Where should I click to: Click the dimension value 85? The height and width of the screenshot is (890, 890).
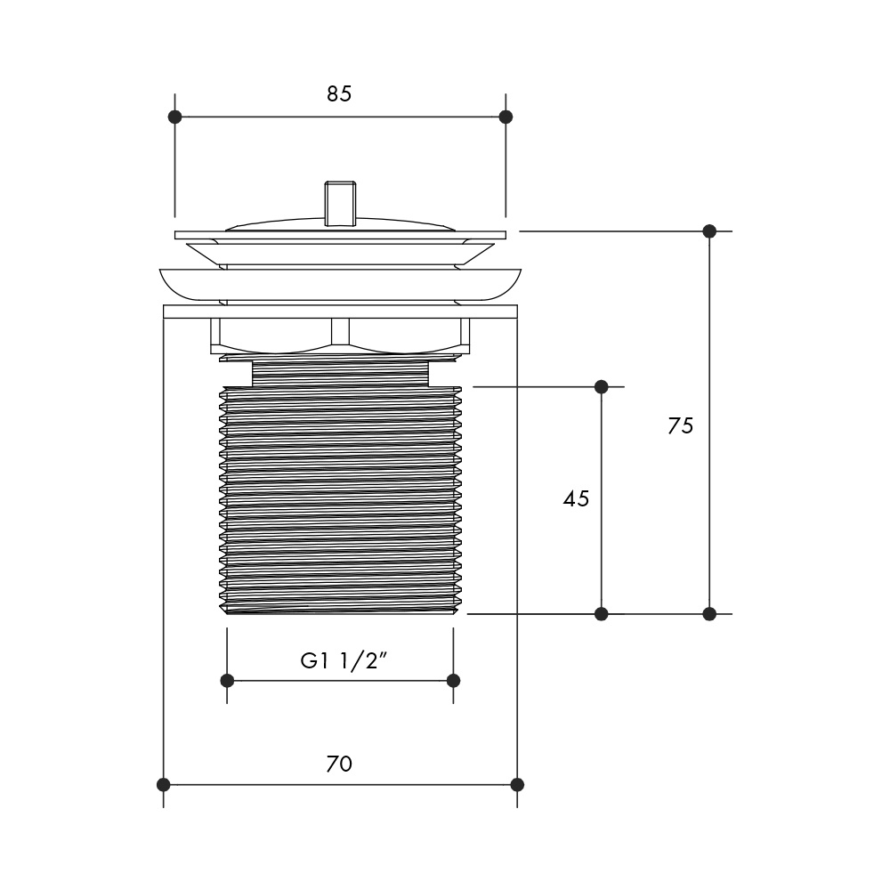(x=339, y=94)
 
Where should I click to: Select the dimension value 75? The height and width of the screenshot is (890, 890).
(x=681, y=425)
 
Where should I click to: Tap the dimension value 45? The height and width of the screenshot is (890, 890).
(x=576, y=499)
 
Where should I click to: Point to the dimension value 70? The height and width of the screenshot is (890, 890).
(x=339, y=764)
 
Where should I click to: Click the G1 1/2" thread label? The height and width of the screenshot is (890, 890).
(x=344, y=660)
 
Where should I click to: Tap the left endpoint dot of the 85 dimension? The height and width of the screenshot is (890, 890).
(x=174, y=117)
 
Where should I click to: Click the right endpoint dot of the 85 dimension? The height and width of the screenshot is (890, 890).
(x=506, y=117)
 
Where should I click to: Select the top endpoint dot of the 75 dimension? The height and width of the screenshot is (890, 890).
(x=709, y=231)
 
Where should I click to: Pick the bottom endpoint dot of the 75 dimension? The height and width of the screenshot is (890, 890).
(x=709, y=613)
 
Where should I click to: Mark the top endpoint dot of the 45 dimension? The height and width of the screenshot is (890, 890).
(x=601, y=386)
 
